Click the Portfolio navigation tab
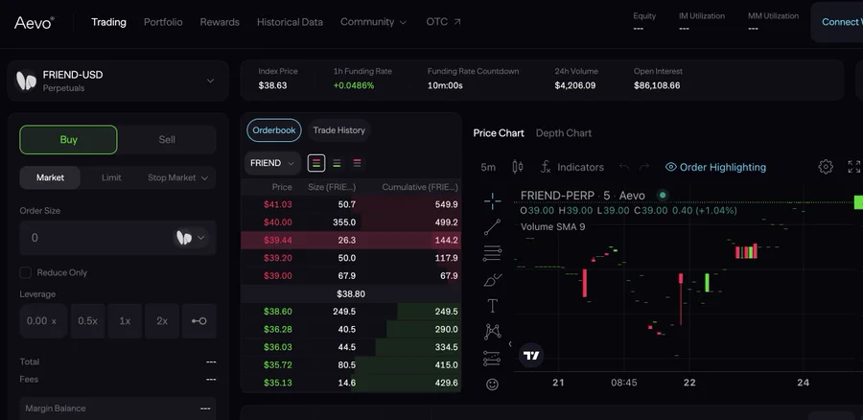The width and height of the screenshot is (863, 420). click(x=163, y=22)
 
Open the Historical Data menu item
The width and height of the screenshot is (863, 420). click(x=290, y=22)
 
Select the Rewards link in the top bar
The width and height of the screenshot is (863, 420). click(x=220, y=22)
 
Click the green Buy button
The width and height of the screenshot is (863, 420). click(x=68, y=139)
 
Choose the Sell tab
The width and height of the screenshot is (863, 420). click(x=167, y=139)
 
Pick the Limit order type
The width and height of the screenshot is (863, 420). click(x=111, y=177)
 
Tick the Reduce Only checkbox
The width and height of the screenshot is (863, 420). click(x=26, y=272)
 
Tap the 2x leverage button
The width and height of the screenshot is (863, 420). click(x=162, y=320)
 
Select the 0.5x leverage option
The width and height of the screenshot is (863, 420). click(x=87, y=320)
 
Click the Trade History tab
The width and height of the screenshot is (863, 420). click(x=338, y=130)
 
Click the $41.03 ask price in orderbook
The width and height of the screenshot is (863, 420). click(x=278, y=204)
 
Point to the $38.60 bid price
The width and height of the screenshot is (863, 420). click(x=278, y=312)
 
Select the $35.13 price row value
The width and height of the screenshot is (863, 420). click(x=278, y=383)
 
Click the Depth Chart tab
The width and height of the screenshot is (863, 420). click(x=564, y=133)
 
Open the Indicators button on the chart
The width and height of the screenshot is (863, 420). click(x=572, y=167)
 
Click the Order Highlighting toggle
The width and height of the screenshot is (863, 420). click(x=715, y=167)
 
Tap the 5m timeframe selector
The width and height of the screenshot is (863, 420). click(x=488, y=167)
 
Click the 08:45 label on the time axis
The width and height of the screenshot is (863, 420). click(x=623, y=382)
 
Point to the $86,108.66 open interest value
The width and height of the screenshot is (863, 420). click(x=657, y=85)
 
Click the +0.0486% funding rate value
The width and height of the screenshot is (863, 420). click(x=354, y=85)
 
